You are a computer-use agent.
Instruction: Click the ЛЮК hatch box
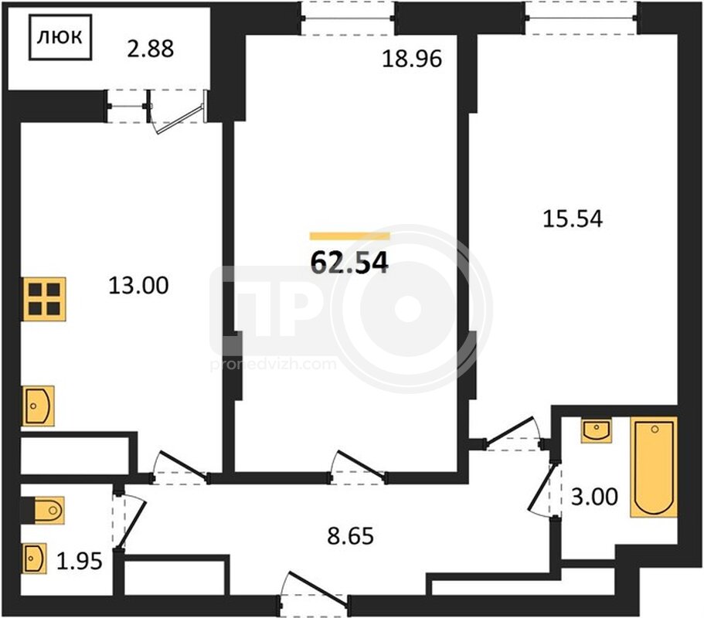[x=60, y=37]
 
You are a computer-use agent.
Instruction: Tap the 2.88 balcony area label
[x=151, y=49]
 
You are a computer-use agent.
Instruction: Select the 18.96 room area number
[x=412, y=59]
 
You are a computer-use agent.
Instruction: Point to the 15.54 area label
[x=573, y=219]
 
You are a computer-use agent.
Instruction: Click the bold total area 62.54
[x=349, y=263]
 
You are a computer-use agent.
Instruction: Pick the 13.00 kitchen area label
[x=139, y=285]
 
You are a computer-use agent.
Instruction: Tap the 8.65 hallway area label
[x=350, y=536]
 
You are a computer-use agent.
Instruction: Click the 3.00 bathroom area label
[x=594, y=497]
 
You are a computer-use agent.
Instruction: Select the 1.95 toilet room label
[x=80, y=561]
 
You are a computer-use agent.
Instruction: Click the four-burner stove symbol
[x=45, y=300]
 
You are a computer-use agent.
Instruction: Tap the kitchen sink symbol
[x=39, y=406]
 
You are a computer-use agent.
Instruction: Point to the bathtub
[x=654, y=467]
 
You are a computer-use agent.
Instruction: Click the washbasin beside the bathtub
[x=597, y=431]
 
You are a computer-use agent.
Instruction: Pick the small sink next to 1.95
[x=35, y=559]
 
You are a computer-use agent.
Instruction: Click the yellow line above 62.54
[x=350, y=236]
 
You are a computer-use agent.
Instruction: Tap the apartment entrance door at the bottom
[x=315, y=594]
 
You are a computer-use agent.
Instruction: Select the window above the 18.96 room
[x=348, y=19]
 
